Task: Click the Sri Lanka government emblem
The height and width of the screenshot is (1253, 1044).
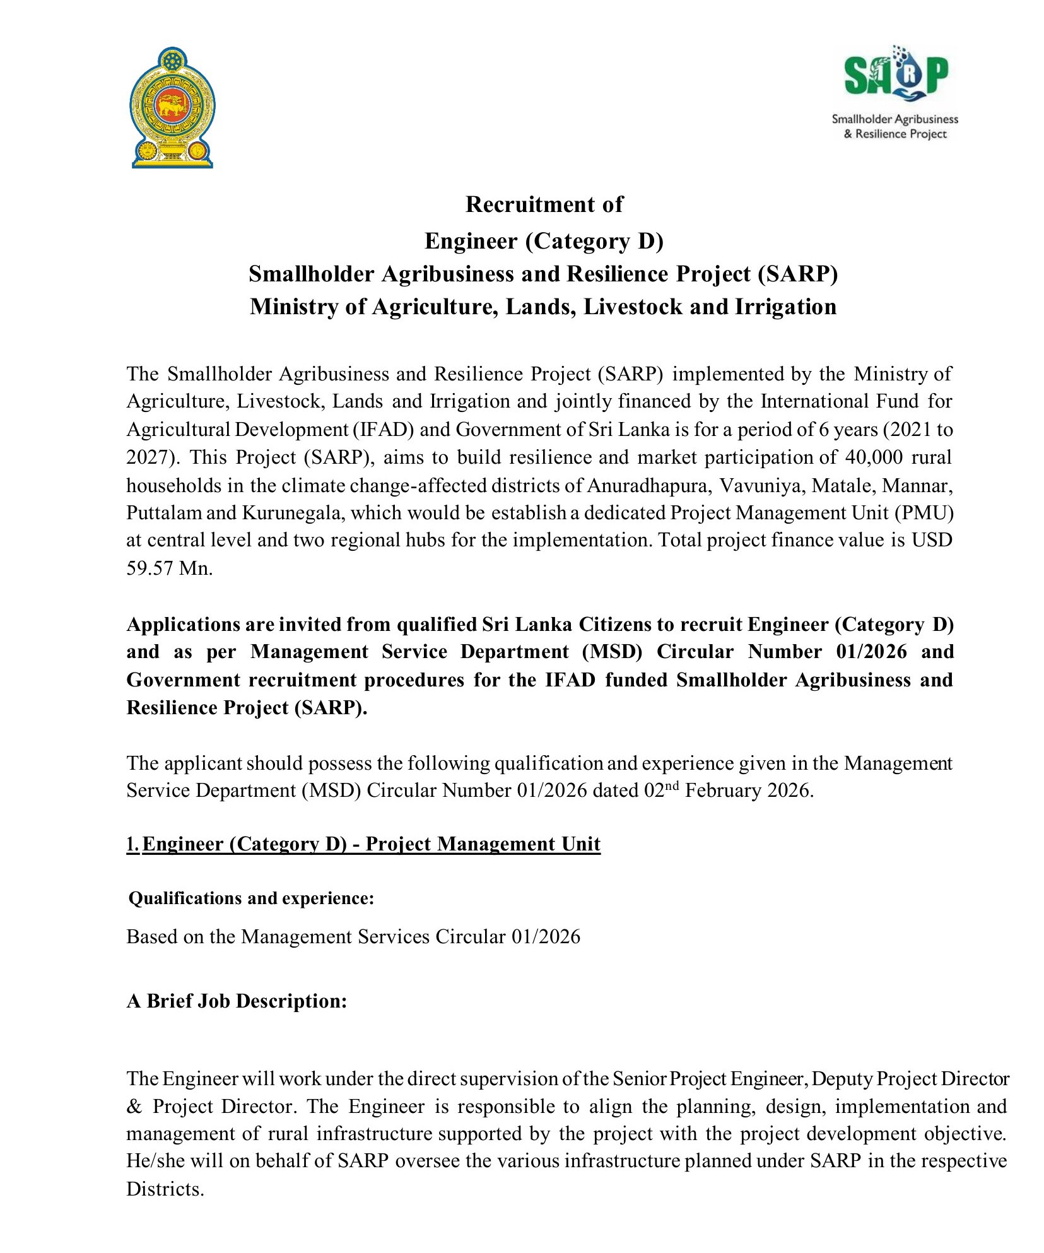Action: point(172,107)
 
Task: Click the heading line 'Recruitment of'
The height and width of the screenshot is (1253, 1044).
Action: point(544,204)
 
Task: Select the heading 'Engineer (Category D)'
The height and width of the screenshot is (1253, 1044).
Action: point(544,241)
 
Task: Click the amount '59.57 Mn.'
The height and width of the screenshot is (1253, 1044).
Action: point(170,568)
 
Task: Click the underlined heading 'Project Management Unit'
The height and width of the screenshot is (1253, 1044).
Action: point(483,844)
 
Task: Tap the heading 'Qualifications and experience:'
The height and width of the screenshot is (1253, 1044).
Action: point(251,898)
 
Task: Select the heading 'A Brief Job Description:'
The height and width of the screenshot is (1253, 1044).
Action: point(237,1001)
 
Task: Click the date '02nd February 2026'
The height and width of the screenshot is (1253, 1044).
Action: point(729,791)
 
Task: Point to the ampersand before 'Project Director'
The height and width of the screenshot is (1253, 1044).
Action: point(134,1107)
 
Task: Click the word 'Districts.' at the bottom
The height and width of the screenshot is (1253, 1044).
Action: point(165,1189)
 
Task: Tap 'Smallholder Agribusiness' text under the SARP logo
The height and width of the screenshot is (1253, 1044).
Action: point(894,119)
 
